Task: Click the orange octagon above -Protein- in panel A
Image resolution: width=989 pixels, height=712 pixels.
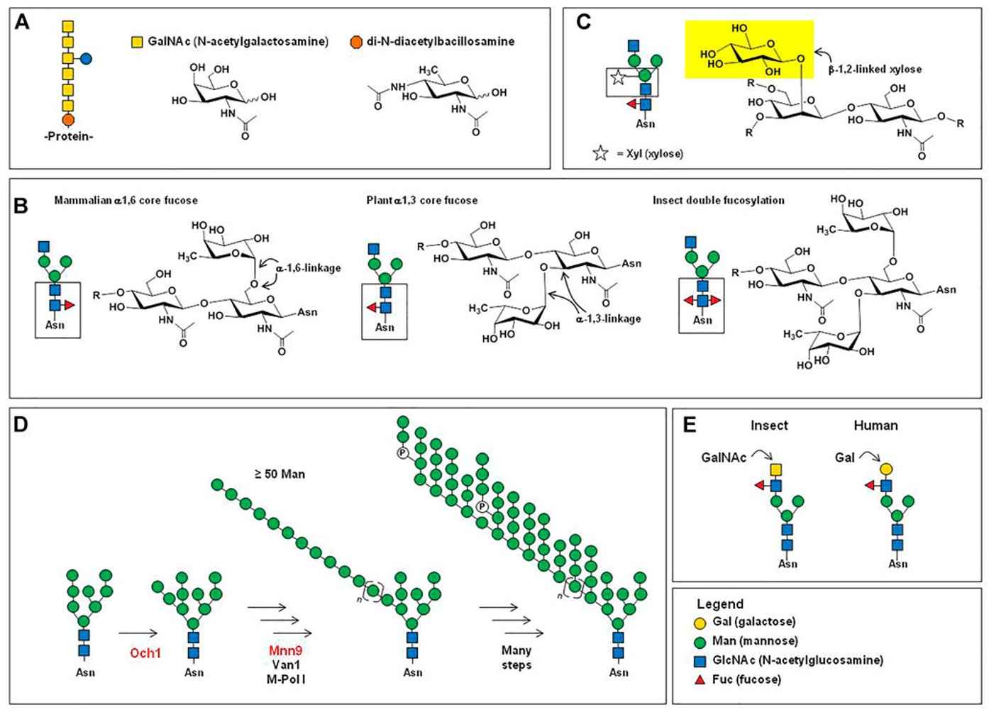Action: tap(68, 119)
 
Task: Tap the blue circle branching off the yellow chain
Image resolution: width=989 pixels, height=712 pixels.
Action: tap(86, 58)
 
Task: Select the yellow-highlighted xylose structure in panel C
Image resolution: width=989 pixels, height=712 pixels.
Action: tap(748, 49)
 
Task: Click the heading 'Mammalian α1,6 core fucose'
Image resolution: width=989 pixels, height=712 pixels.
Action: tap(126, 201)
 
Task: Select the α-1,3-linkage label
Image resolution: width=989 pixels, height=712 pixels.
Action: tap(609, 318)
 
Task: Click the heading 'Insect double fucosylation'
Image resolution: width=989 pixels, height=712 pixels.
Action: tap(718, 201)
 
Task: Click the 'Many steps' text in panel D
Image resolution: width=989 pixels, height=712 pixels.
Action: tap(516, 657)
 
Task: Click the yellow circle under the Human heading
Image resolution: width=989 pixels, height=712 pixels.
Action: tap(885, 469)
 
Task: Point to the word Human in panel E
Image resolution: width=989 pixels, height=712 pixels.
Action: tap(875, 425)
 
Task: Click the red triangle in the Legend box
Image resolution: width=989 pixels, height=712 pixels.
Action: tap(699, 679)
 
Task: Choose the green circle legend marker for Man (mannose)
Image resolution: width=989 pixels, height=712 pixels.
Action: tap(699, 641)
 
